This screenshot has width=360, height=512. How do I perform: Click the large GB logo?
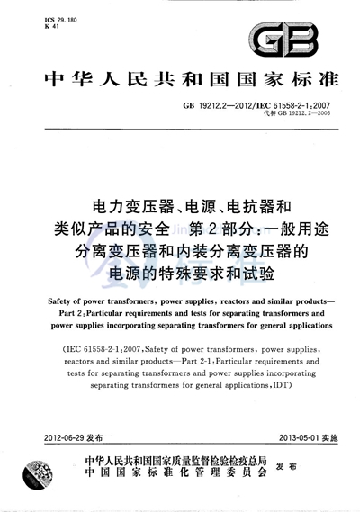[x=305, y=40]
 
